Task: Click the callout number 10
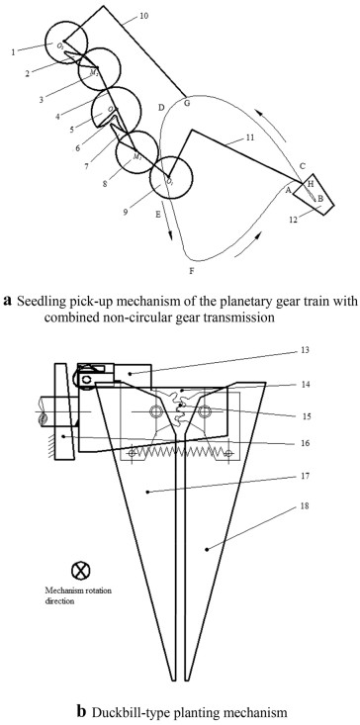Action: pos(143,16)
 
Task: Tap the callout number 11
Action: pos(250,137)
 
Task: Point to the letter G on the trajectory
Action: pos(187,103)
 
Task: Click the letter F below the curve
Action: pos(191,271)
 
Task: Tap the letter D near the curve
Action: pos(161,108)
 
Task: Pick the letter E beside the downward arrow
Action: pos(158,214)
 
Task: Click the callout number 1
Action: pos(14,51)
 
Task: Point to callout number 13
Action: pos(304,350)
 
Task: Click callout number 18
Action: pos(304,505)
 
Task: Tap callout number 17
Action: pos(304,476)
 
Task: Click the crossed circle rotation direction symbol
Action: pos(80,570)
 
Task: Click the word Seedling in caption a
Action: pos(35,302)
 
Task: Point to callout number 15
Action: pos(304,414)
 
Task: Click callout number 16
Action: pos(304,442)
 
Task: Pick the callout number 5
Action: pos(71,130)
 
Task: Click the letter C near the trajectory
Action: pos(303,165)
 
